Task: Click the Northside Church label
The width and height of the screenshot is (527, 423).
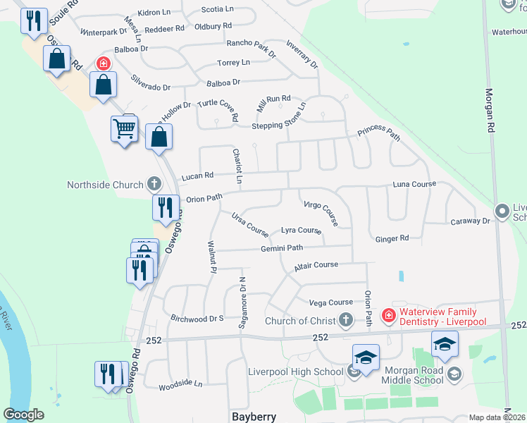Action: tap(105, 185)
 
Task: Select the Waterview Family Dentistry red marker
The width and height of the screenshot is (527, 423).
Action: tap(387, 315)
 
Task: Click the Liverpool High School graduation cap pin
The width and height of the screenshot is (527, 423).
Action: tap(366, 358)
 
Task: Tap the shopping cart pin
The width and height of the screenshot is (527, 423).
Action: tap(124, 129)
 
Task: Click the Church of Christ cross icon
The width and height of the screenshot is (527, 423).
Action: tap(345, 321)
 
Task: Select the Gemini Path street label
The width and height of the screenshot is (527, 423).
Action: tap(282, 248)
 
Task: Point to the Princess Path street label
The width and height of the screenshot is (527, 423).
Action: tap(379, 133)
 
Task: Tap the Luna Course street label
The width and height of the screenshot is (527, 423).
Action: tap(414, 184)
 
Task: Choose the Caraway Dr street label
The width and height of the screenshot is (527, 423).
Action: tap(471, 221)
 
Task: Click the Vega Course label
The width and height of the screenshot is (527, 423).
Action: tap(331, 302)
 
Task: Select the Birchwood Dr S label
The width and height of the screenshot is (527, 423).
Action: tap(197, 319)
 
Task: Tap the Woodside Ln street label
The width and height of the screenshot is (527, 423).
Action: tap(180, 385)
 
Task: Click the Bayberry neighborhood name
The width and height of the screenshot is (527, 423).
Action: tap(254, 416)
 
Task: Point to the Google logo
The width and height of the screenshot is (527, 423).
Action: tap(24, 415)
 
